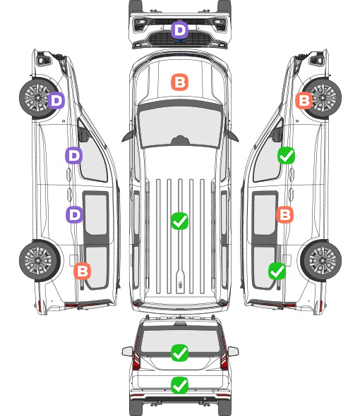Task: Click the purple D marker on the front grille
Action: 179,30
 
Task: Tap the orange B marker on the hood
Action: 179,82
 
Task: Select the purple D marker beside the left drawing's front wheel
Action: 56,100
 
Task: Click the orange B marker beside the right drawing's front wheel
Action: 304,100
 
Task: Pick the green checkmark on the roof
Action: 179,221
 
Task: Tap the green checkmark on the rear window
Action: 179,353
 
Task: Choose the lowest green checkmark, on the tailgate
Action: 179,385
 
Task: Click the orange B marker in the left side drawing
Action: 83,271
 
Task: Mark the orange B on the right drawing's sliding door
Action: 284,214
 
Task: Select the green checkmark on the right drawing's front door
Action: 286,156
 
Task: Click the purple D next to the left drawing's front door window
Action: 74,155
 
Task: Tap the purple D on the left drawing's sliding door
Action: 74,214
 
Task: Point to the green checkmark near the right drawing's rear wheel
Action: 277,271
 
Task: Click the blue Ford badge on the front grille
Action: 180,41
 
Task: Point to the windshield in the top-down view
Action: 180,126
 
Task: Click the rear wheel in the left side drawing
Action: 39,261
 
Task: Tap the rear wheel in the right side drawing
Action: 321,261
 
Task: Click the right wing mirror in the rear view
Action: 233,352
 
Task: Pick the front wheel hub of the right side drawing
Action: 322,98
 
